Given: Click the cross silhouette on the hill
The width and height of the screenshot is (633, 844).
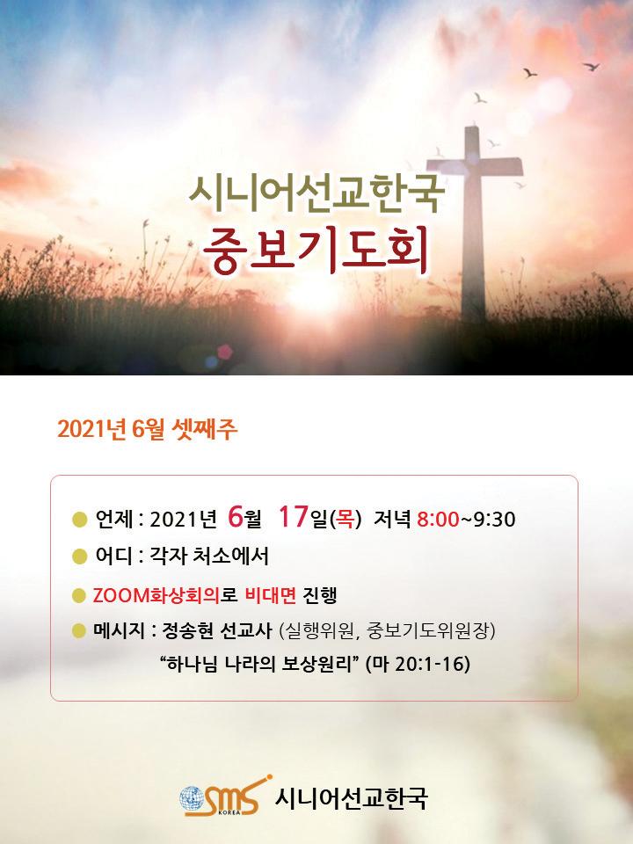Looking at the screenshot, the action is (473, 215).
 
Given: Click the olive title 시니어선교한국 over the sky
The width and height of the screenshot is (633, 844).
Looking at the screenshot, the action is (316, 193).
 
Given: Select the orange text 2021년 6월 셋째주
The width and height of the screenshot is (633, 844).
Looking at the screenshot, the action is (148, 430).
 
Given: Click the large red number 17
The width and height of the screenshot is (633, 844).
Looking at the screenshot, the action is (294, 517).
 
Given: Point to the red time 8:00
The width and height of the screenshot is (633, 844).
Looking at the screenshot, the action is (438, 520).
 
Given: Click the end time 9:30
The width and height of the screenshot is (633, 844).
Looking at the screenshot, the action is (494, 520).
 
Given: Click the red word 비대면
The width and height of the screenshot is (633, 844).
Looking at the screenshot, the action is (271, 595).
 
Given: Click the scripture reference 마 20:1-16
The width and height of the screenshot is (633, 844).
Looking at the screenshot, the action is (418, 664).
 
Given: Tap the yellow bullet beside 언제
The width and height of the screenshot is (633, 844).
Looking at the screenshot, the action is (80, 520).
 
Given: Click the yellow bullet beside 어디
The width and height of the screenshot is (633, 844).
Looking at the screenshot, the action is (80, 556).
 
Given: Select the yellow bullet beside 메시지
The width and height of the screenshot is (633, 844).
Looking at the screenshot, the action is (80, 630).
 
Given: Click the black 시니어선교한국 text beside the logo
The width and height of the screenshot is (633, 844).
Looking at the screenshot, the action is (351, 798).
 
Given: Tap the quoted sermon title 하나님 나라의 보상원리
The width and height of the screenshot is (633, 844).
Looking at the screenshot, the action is (260, 664).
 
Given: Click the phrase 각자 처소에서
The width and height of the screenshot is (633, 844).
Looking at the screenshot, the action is (209, 556).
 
